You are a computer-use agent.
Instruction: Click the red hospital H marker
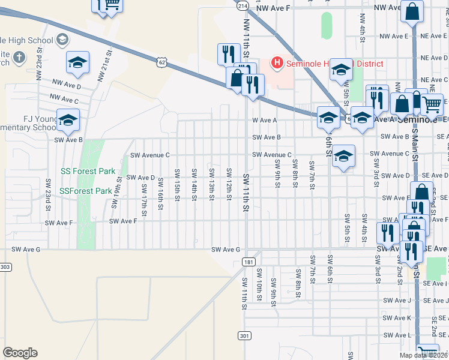(x=277, y=62)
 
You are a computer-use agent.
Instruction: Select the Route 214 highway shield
(x=242, y=5)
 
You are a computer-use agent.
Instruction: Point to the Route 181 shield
(x=249, y=262)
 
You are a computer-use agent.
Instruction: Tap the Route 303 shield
(x=5, y=266)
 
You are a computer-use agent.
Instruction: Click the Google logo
(x=20, y=353)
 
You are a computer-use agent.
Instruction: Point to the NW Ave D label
(x=66, y=84)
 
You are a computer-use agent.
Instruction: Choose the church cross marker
(x=19, y=58)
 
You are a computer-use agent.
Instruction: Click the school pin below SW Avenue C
(x=343, y=157)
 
